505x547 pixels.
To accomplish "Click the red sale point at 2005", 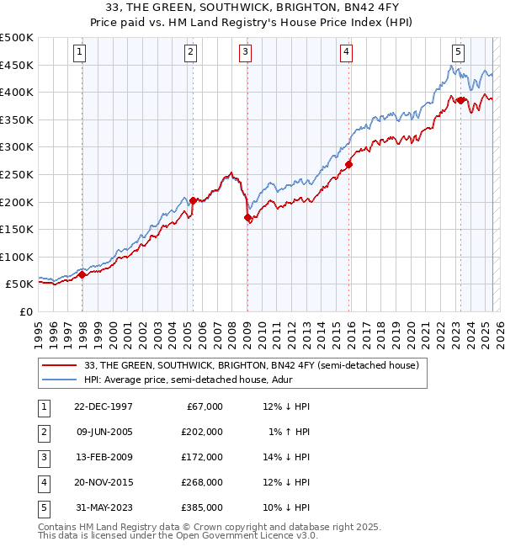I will [x=194, y=200].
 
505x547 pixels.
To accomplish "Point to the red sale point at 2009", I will [x=247, y=217].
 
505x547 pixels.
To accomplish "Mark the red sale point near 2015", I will [x=348, y=165].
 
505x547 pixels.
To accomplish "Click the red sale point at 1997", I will [x=82, y=274].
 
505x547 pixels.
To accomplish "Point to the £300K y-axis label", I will [x=17, y=146].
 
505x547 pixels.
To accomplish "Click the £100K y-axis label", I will [x=17, y=257].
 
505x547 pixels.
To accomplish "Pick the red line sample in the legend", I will [x=60, y=365].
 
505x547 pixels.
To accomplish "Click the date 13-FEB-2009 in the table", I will [x=103, y=457].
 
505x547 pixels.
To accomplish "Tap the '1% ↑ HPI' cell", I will [x=291, y=432].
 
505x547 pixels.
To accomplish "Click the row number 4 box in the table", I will [x=43, y=482].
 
